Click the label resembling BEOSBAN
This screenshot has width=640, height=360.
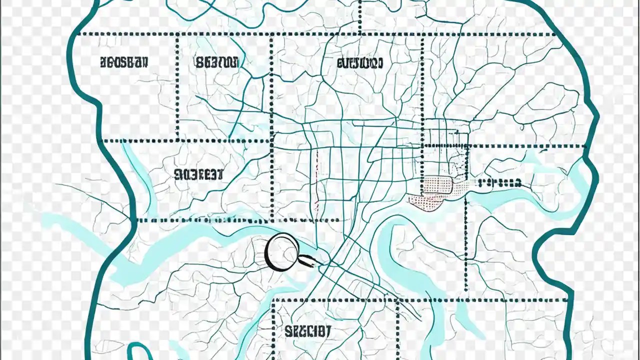pos(124,62)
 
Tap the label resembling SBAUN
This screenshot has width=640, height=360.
pos(216,62)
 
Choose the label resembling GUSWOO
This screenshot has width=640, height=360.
pos(359,63)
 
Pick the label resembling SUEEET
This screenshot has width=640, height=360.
pos(198,174)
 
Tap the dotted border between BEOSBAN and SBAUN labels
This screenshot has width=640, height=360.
pos(177,85)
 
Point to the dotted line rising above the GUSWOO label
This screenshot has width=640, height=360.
pos(360,17)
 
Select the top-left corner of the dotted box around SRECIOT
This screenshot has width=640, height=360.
pos(273,300)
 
